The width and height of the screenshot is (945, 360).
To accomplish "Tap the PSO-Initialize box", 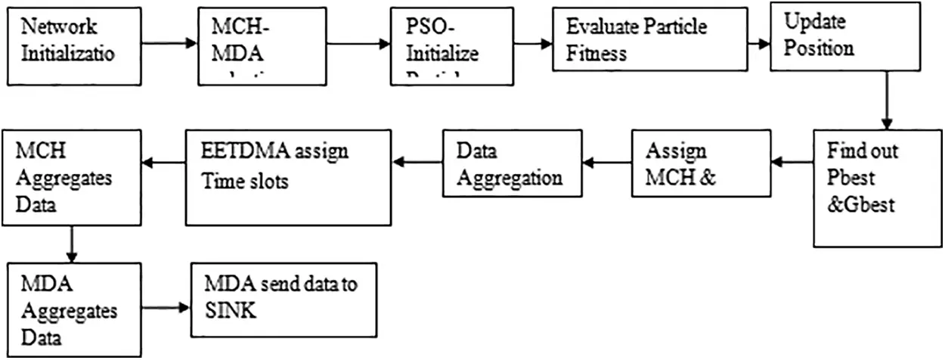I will [x=438, y=45].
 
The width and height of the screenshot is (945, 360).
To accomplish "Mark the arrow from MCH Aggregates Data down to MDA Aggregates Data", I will [x=70, y=244].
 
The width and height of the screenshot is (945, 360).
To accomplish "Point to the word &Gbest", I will [x=862, y=204].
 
